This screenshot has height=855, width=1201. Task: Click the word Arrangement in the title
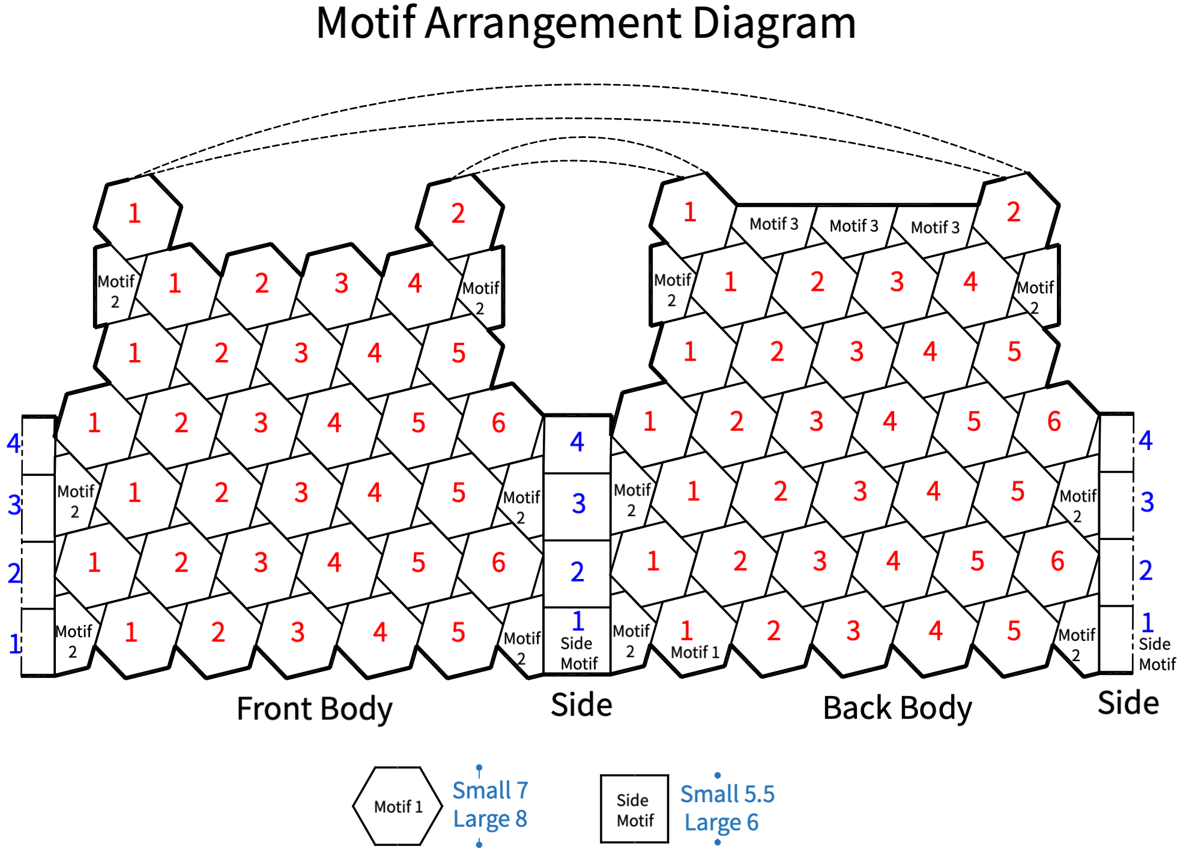(552, 24)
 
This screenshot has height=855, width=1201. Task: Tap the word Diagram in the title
(774, 24)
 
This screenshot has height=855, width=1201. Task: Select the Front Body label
(314, 709)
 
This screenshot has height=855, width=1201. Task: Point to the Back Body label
(897, 708)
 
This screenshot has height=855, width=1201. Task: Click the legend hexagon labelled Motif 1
(398, 806)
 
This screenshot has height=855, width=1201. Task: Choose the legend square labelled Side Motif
(634, 809)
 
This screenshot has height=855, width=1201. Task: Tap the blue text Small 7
(490, 791)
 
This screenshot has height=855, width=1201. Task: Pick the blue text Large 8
(490, 819)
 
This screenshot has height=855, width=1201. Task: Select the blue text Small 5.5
(727, 794)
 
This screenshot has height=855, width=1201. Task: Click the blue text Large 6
(721, 822)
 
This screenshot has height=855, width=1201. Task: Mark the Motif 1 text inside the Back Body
(695, 652)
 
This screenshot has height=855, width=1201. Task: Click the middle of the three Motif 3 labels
(854, 226)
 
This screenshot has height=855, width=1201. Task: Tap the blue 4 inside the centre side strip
(577, 442)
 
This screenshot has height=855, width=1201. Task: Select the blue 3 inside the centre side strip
(578, 503)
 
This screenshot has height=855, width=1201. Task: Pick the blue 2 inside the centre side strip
(577, 572)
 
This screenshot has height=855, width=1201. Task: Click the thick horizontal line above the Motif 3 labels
(858, 205)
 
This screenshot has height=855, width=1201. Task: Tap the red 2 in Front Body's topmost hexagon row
(458, 214)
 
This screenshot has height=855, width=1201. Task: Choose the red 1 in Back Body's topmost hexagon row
(690, 212)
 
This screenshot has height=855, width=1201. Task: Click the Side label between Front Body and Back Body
(581, 704)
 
